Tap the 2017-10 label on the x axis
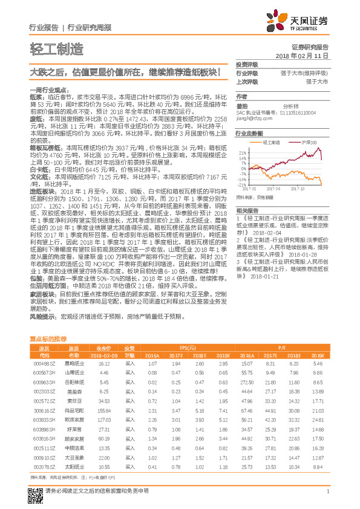298,189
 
